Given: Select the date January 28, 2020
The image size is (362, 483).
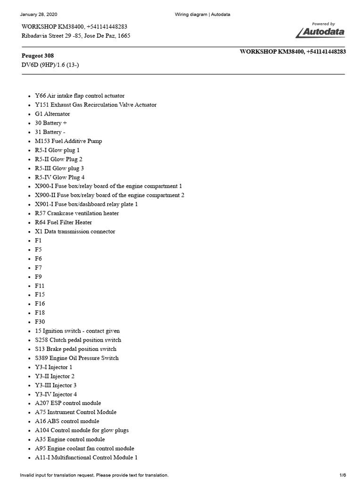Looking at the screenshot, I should tap(38, 15).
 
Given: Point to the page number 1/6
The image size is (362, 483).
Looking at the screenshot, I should tap(343, 475).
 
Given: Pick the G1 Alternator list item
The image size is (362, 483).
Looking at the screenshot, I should tap(52, 114).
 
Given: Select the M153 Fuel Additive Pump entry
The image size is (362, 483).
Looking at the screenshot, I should tap(68, 141).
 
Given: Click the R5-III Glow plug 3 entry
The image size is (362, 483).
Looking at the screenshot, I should tap(59, 168).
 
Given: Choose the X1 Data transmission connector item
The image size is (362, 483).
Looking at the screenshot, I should tap(75, 232).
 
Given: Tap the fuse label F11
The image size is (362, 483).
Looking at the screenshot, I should tap(40, 286).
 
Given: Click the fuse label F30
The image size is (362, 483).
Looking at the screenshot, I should tap(40, 322).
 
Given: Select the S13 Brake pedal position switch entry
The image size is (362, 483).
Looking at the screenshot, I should tap(75, 349).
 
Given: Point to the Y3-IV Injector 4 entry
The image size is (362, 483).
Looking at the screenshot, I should tap(56, 394).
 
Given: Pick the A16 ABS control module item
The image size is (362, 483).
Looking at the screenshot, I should tap(67, 421).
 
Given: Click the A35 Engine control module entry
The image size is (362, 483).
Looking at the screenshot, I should tap(70, 439).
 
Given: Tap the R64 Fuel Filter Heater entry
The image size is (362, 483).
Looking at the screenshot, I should tap(64, 222).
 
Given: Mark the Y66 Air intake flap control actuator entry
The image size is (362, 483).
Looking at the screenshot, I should tap(80, 96).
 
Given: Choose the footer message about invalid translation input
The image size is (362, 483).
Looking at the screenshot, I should tap(94, 475).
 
